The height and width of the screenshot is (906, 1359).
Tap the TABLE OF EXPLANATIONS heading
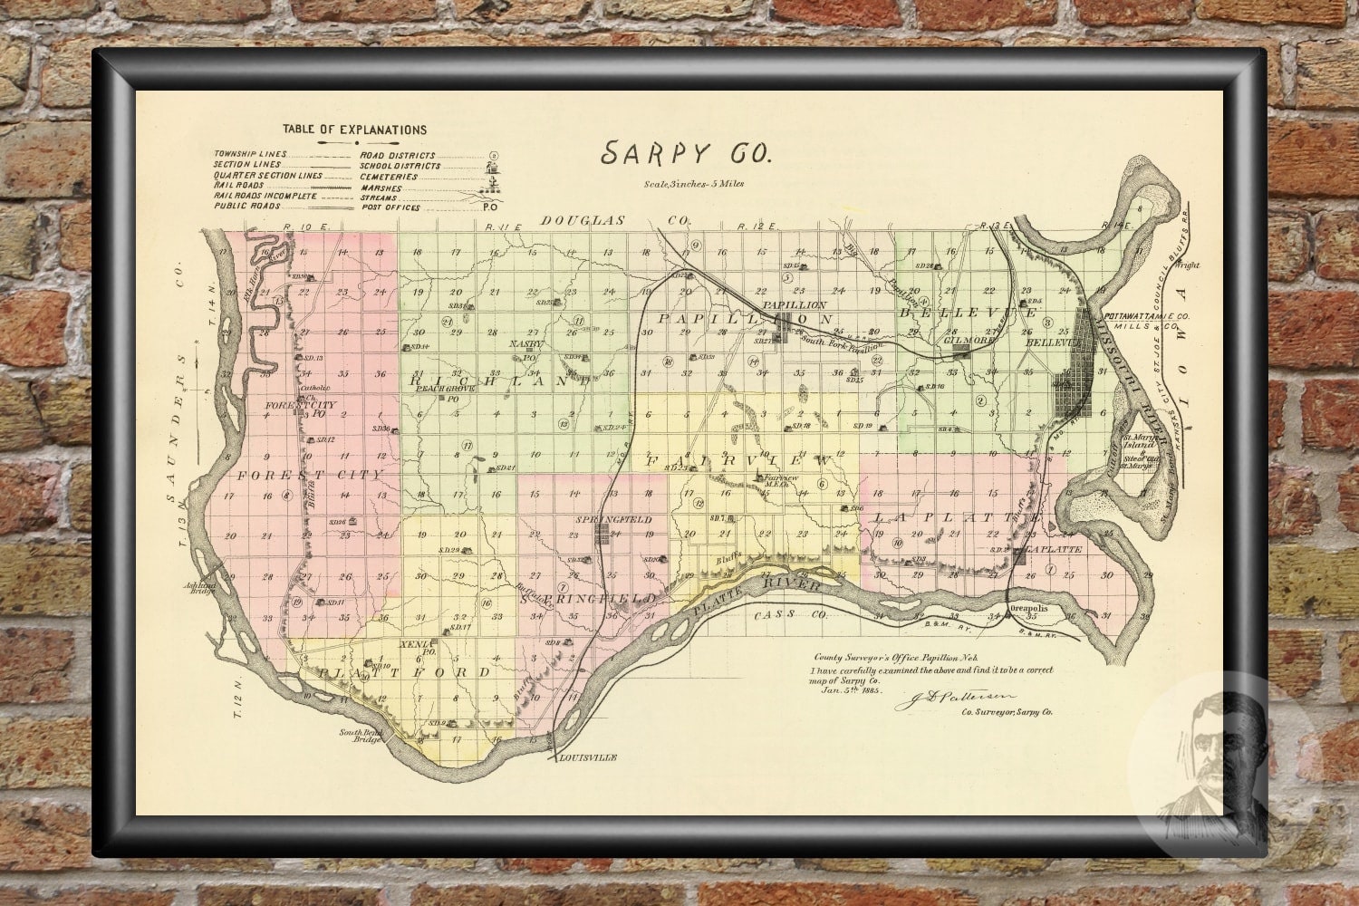point(354,130)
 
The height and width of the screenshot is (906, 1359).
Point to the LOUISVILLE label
point(588,757)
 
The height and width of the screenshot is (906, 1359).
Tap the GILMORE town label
point(960,345)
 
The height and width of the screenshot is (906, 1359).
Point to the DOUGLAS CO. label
point(615,220)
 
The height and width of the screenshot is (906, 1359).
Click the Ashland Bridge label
point(201,589)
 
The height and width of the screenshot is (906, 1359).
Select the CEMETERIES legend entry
point(389,177)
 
